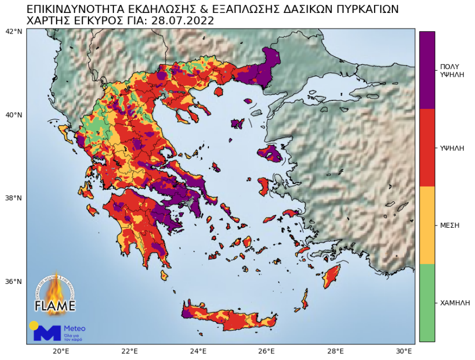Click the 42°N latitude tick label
coord(13,31)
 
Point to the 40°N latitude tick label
coord(13,115)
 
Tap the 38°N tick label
coord(13,198)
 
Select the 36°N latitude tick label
coord(13,282)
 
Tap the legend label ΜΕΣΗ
coord(450,225)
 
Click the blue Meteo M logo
coord(47,332)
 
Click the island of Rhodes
coord(330,277)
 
